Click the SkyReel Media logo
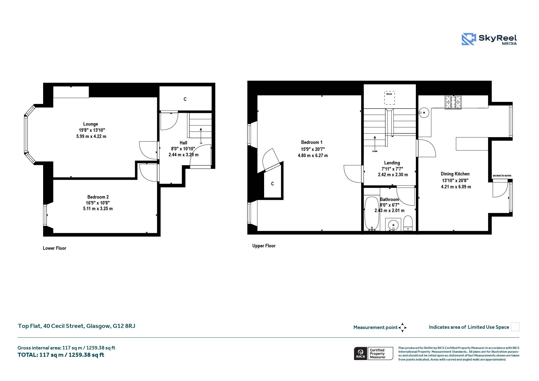(489, 39)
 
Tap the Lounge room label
(91, 124)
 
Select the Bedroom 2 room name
(98, 197)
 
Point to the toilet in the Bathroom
(408, 223)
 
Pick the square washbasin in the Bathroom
(393, 225)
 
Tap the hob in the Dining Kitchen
(453, 102)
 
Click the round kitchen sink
(424, 112)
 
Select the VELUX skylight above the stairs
(389, 98)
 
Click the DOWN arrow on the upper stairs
(375, 143)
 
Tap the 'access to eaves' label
(502, 175)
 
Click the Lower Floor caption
(54, 248)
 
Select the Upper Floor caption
(264, 246)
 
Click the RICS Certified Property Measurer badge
(374, 354)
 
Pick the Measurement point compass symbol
(402, 328)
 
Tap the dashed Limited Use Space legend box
(515, 327)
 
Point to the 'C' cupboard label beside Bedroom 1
(272, 184)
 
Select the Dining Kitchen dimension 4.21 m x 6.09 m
(456, 187)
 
